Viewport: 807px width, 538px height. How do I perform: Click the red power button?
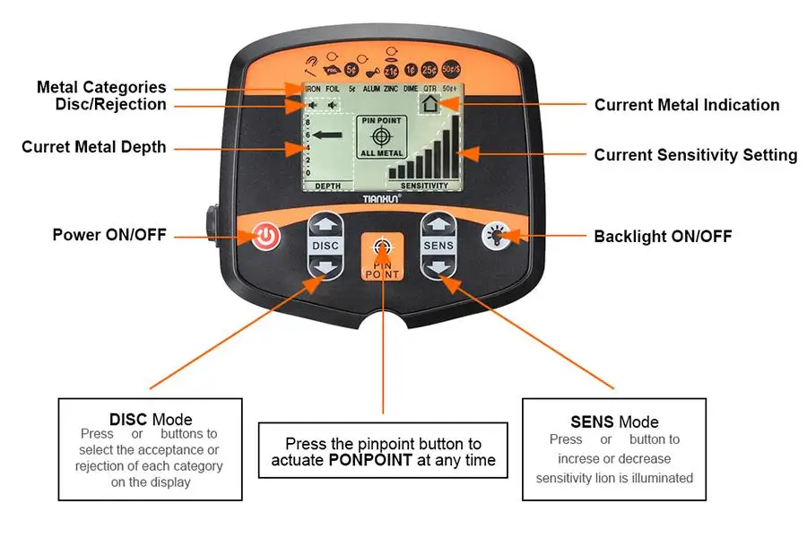(x=266, y=238)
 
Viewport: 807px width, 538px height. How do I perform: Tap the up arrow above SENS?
(x=438, y=224)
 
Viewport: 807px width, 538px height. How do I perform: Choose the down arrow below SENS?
(x=438, y=266)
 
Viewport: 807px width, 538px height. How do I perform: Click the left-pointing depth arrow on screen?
(x=330, y=136)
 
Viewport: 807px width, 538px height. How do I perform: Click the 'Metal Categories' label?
(x=101, y=87)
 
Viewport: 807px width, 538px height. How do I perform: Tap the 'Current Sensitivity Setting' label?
(x=695, y=155)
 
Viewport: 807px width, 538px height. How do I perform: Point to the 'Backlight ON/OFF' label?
(x=663, y=237)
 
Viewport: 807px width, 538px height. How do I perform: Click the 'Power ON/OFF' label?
(x=108, y=236)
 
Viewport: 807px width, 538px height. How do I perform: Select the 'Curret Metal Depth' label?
(x=94, y=146)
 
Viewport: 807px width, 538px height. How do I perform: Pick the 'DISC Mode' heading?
(x=151, y=419)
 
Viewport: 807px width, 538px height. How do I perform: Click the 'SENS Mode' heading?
(x=614, y=421)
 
